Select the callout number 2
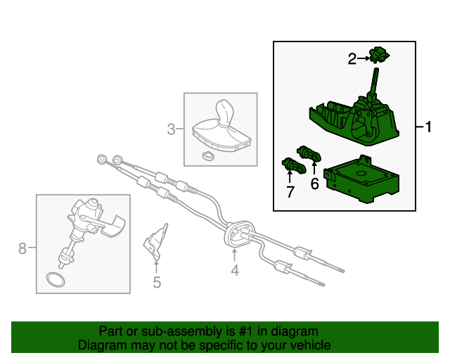[x=352, y=59]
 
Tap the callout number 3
[x=171, y=129]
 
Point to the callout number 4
[x=235, y=270]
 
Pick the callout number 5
[x=156, y=282]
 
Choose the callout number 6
[x=314, y=184]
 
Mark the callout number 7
[x=290, y=192]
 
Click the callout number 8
[x=22, y=247]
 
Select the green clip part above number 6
[x=309, y=152]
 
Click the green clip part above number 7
[x=292, y=166]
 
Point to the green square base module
[x=359, y=180]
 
